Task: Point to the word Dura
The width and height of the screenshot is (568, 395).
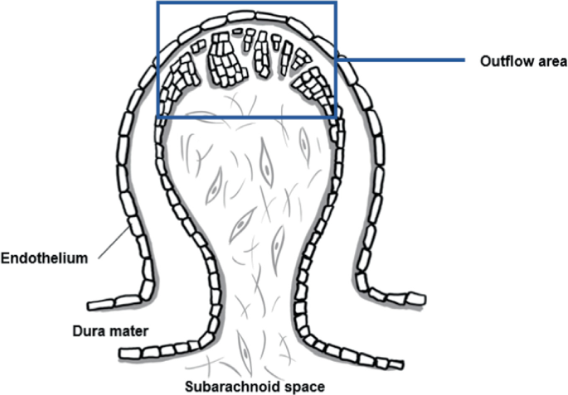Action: coord(85,332)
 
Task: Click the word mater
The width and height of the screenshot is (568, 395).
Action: coord(129,332)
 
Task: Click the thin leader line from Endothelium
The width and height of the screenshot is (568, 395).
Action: coord(111,246)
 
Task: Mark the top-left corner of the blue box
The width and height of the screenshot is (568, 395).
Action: coord(158,2)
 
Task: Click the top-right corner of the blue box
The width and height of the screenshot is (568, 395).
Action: coord(336,2)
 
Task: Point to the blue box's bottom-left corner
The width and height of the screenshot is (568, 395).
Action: coord(158,116)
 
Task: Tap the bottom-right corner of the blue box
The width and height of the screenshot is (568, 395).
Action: coord(336,116)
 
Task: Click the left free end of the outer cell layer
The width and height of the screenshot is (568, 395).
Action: coord(90,305)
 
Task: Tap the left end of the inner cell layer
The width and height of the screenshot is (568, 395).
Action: coord(124,355)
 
